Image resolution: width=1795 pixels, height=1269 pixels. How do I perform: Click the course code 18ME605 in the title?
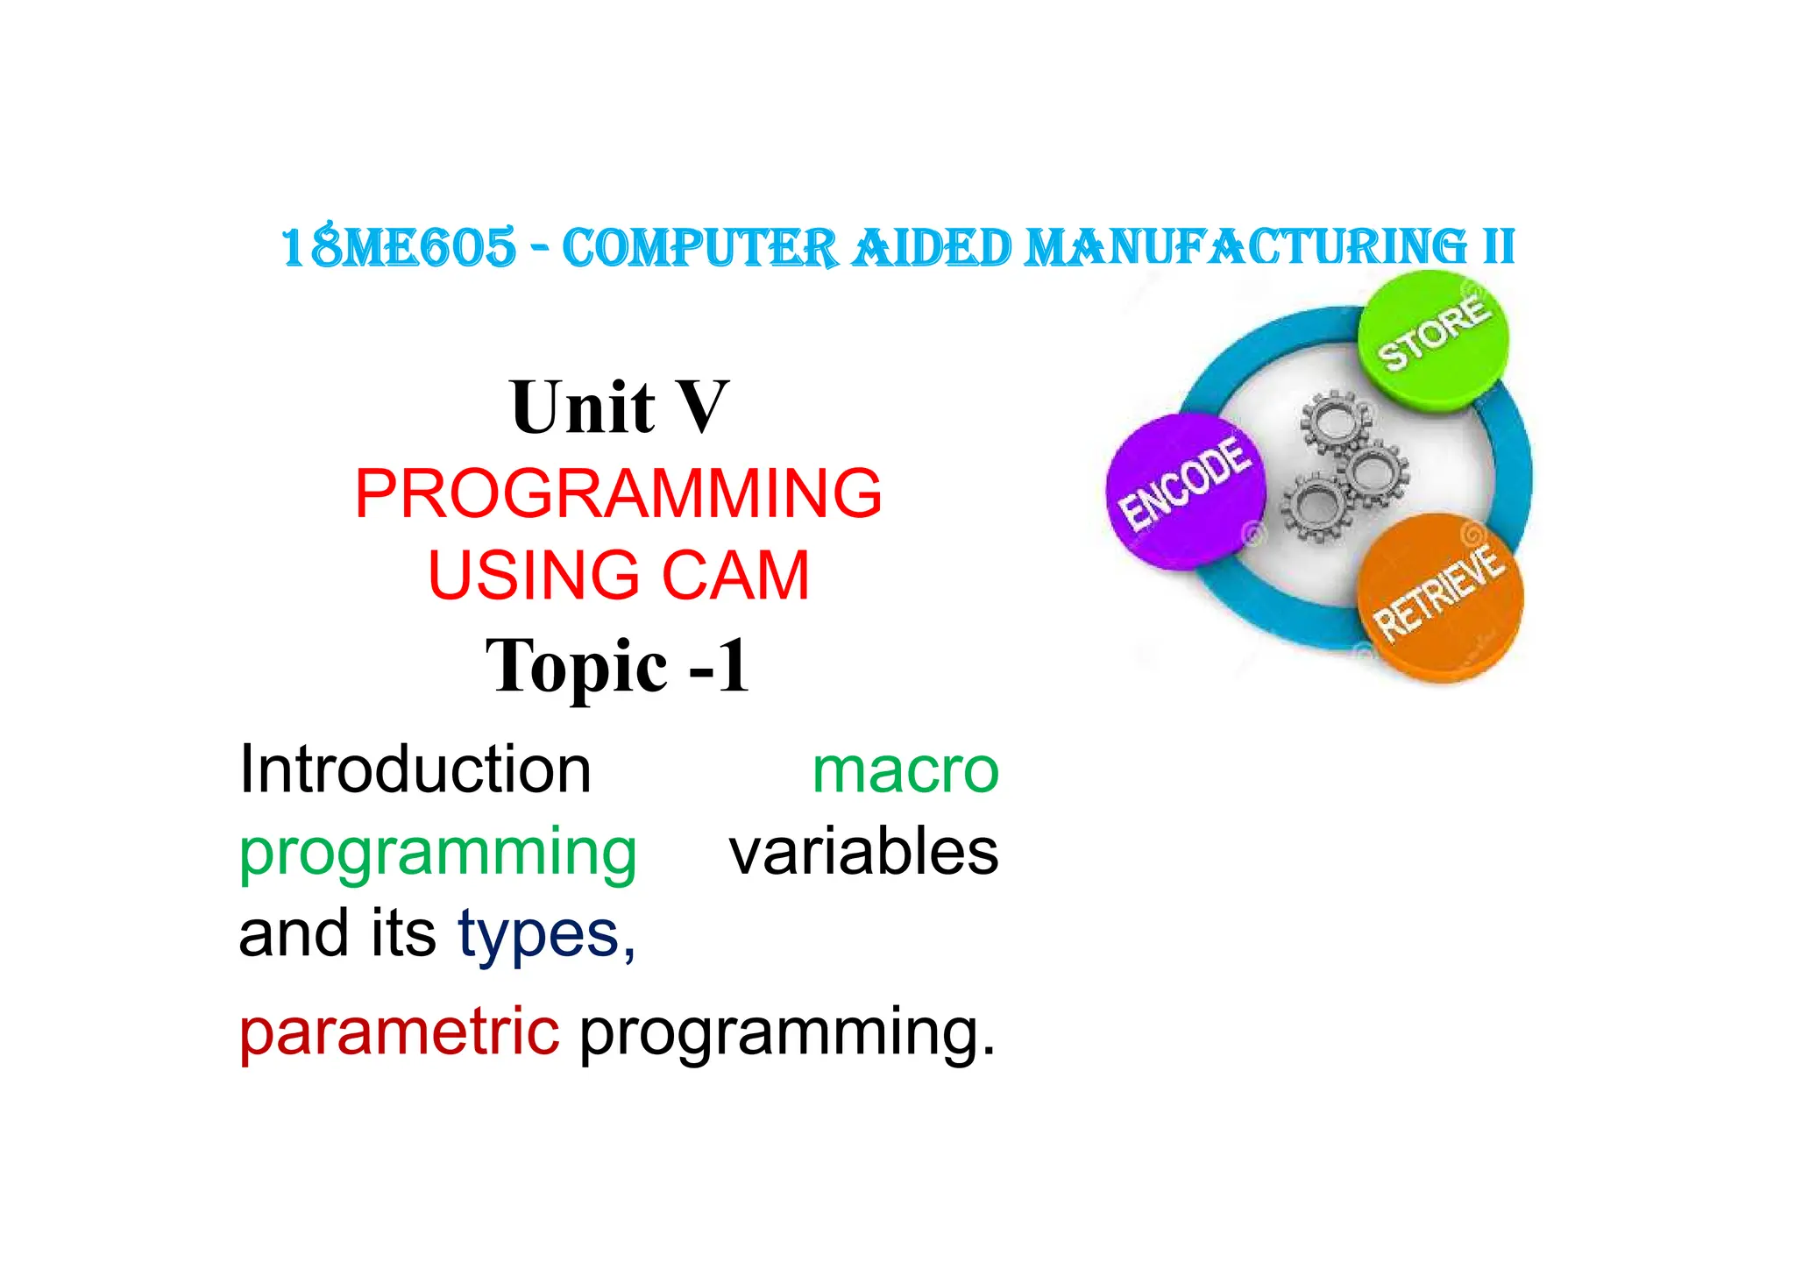click(399, 247)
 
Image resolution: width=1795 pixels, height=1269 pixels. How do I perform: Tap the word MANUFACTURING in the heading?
click(1245, 247)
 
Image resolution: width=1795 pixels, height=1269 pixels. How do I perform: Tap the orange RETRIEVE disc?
click(1440, 597)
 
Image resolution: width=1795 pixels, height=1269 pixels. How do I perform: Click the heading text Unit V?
click(619, 408)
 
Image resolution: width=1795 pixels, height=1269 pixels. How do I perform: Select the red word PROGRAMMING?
click(619, 493)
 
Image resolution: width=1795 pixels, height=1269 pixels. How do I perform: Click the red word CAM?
click(735, 576)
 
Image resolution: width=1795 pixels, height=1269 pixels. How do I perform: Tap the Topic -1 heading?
click(618, 666)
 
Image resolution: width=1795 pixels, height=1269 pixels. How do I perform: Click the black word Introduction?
click(415, 769)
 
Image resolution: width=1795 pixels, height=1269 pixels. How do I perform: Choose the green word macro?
click(905, 771)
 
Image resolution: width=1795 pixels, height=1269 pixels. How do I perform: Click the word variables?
click(863, 852)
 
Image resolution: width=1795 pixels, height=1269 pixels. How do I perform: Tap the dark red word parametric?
click(399, 1032)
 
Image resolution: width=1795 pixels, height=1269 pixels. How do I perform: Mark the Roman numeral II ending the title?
click(1499, 247)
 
